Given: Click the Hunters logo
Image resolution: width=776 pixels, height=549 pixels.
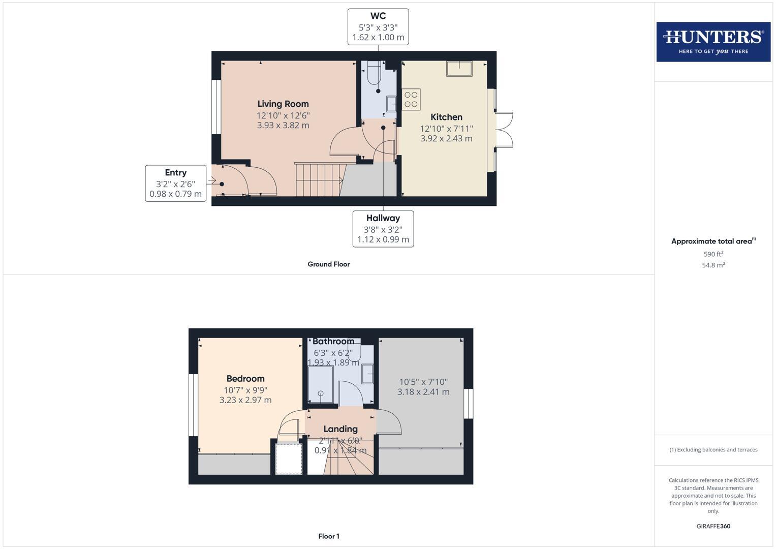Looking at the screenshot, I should click(x=713, y=42).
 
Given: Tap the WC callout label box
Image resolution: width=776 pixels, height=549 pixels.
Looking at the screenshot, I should click(x=378, y=26).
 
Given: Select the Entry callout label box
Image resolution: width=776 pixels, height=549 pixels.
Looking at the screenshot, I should click(x=176, y=183).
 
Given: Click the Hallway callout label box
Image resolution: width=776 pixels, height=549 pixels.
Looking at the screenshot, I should click(x=383, y=229).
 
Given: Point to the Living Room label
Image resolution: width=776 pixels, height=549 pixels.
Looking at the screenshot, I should click(x=283, y=104).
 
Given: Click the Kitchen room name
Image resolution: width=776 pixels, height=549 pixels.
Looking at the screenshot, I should click(x=446, y=117).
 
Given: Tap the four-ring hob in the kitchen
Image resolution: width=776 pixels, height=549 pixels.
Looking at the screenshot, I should click(x=411, y=100).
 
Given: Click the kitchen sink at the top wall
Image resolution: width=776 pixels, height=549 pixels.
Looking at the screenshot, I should click(x=459, y=69).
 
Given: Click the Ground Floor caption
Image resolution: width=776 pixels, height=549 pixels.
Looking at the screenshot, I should click(x=328, y=264).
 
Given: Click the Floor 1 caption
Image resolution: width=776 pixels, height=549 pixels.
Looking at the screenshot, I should click(x=329, y=536).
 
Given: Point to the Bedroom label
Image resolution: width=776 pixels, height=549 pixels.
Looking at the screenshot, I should click(x=245, y=379).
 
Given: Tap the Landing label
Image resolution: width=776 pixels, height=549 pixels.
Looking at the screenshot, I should click(x=340, y=429).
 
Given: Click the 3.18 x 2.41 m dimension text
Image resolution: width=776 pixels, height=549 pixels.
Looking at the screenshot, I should click(x=423, y=392).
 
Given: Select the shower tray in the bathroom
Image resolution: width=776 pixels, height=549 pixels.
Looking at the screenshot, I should click(x=321, y=385).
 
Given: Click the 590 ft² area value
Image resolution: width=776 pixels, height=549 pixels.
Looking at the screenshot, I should click(x=713, y=254).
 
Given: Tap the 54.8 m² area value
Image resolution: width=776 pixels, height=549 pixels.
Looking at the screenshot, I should click(x=713, y=265).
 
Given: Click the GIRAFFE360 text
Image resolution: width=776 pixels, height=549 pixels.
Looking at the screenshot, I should click(x=713, y=526).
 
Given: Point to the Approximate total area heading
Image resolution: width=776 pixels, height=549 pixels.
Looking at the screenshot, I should click(x=713, y=241).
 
